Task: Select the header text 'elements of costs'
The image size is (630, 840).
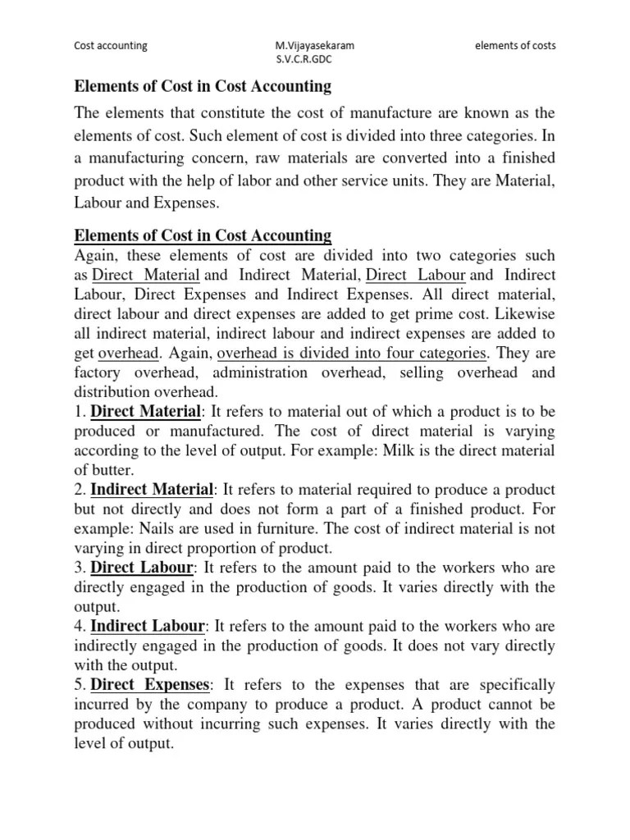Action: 515,46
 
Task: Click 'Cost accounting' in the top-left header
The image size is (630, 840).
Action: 111,46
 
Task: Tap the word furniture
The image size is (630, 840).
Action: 290,529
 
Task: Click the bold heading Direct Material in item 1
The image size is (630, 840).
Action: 145,411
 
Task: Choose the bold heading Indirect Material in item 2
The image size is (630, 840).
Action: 152,490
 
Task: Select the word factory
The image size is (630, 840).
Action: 98,372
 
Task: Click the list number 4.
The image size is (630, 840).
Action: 79,627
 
